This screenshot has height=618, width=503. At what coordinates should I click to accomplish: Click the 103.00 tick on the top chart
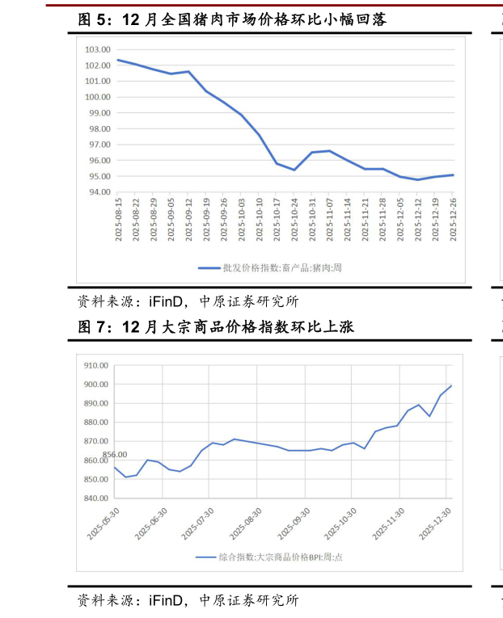[x=97, y=50]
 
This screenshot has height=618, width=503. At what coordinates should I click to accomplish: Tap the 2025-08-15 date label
[x=118, y=218]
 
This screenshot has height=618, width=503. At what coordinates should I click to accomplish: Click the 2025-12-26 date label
[x=454, y=218]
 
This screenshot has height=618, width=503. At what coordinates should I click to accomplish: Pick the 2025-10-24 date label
[x=294, y=218]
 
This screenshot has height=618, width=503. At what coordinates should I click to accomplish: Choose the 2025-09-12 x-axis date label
[x=188, y=218]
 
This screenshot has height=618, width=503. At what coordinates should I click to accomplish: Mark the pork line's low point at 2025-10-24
[x=294, y=170]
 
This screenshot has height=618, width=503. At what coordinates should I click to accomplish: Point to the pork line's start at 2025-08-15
[x=118, y=60]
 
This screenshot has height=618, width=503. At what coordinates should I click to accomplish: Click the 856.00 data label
[x=115, y=455]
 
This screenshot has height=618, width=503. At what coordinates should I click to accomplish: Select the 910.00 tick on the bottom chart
[x=95, y=365]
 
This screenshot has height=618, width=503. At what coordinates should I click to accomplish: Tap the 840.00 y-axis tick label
[x=95, y=498]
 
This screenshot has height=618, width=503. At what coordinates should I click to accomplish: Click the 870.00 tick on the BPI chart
[x=95, y=441]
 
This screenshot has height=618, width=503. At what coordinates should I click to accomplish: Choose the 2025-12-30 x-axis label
[x=436, y=523]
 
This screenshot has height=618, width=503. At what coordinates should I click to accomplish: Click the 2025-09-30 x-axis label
[x=294, y=523]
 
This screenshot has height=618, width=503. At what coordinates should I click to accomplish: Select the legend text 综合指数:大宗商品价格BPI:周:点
[x=280, y=557]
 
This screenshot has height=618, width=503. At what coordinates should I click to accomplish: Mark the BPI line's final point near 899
[x=451, y=385]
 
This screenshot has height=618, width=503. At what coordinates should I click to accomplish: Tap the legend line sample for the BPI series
[x=205, y=557]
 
